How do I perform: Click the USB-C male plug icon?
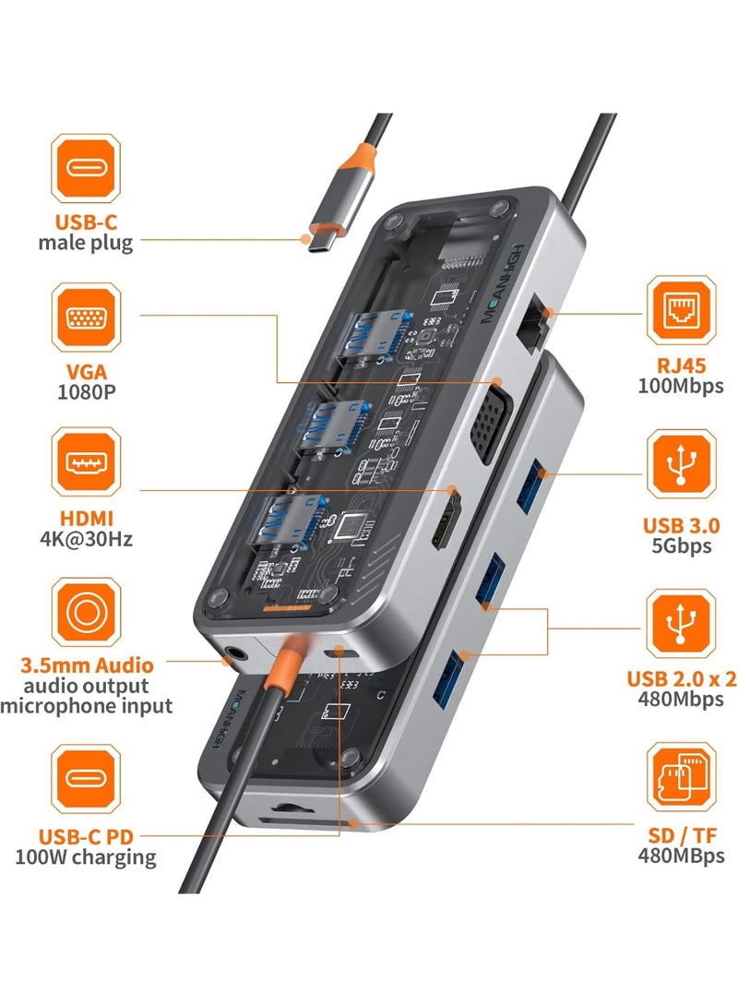tap(85, 168)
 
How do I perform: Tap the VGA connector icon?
tap(85, 318)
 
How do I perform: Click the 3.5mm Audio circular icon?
tap(85, 612)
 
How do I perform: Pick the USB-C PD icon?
tap(85, 780)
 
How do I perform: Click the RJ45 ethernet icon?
tap(681, 310)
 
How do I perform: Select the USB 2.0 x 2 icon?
tap(681, 625)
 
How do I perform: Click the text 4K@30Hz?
tap(85, 538)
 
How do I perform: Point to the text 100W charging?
tap(85, 857)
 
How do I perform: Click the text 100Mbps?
tap(681, 386)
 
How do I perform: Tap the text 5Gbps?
tap(681, 545)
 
